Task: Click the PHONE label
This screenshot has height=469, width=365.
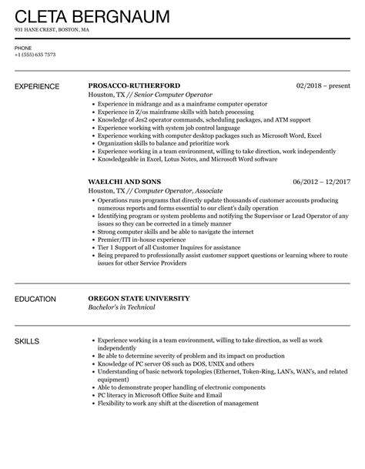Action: (x=23, y=48)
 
